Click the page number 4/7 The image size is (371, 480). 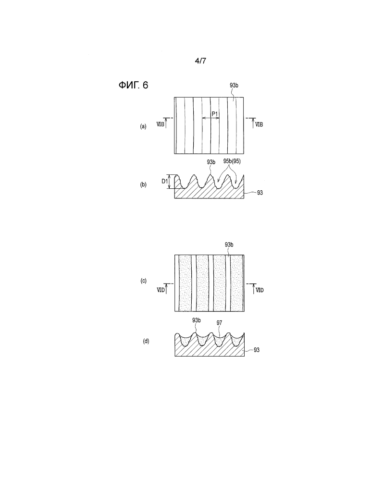click(200, 61)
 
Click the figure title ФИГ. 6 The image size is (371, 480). click(133, 85)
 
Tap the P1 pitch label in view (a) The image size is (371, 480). click(215, 114)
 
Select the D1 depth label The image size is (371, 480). click(165, 181)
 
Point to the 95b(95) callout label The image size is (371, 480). click(232, 161)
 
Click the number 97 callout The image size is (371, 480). click(219, 323)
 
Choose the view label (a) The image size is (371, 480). click(143, 126)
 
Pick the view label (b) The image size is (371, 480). click(143, 185)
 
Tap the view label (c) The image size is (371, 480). click(143, 281)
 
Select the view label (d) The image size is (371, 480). click(146, 341)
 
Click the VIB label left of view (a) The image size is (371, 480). click(161, 124)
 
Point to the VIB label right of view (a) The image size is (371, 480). click(259, 124)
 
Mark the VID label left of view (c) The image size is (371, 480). click(161, 290)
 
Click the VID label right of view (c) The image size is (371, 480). click(260, 290)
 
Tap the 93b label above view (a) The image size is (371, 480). click(234, 86)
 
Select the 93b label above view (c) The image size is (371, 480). click(229, 245)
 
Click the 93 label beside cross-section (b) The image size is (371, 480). click(260, 193)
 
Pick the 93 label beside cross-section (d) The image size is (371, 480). click(257, 350)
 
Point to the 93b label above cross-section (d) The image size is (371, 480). click(197, 320)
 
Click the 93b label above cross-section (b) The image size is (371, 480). click(211, 162)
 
